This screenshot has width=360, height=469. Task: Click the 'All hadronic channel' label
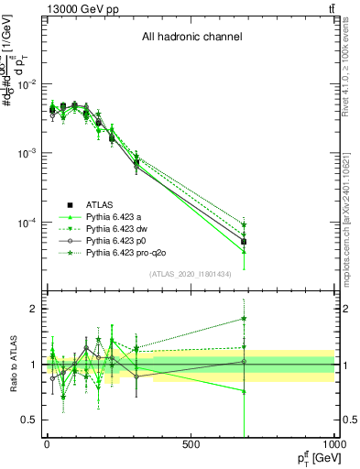pos(191,38)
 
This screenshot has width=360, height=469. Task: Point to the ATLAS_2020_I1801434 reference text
pos(191,274)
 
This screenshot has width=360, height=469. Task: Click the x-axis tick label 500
pos(191,444)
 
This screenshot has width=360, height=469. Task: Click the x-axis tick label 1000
pos(333,444)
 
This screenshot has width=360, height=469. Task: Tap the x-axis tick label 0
pos(47,444)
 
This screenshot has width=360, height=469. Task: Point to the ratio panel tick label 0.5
pos(27,420)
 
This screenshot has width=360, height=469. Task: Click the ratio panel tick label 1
pos(31,365)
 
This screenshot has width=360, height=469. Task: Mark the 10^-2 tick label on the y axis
pos(25,84)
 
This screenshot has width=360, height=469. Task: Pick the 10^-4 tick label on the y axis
pos(25,223)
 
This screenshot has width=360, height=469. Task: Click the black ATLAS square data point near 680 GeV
pos(244,242)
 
